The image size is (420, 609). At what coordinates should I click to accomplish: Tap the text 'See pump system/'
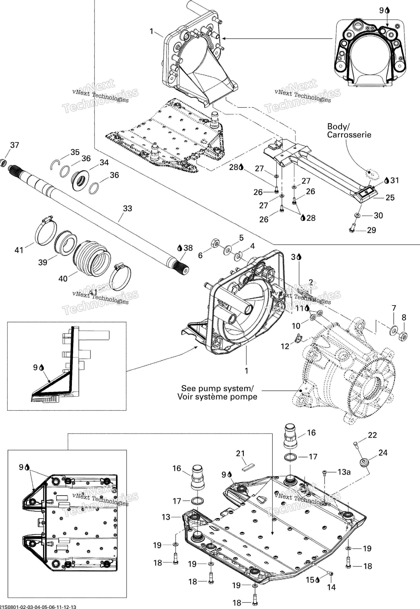coord(217,389)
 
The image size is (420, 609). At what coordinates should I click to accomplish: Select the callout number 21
coord(240,453)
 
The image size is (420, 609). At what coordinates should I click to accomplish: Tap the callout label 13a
coord(344,472)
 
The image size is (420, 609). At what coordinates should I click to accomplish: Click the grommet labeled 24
coord(364,462)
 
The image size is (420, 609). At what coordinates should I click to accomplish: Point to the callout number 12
coord(285,346)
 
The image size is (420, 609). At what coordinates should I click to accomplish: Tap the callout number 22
coord(372,435)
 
